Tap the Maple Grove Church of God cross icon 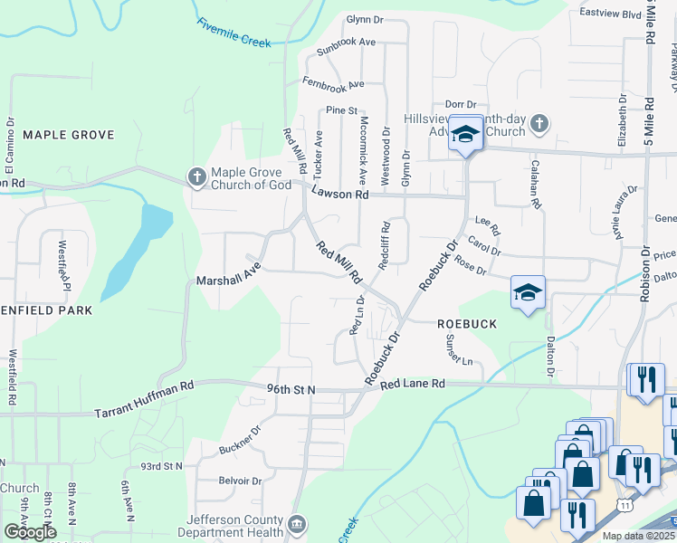pos(196,177)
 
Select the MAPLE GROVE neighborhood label pos(69,135)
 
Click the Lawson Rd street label pos(340,194)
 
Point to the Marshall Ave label pos(228,281)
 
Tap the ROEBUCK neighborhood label pos(467,323)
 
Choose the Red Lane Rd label pos(413,384)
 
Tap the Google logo pos(30,532)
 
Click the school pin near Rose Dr pos(528,292)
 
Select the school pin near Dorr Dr pos(465,136)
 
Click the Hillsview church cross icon pos(539,123)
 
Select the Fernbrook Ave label pos(335,84)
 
